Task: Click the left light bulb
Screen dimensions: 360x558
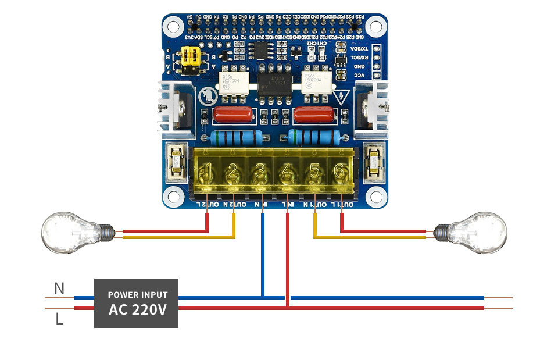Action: (70, 233)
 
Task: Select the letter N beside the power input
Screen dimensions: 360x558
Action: (59, 288)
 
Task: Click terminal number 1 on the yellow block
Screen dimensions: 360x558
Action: (207, 172)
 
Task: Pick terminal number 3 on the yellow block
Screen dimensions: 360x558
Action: (260, 172)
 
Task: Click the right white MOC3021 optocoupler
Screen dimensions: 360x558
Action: (316, 85)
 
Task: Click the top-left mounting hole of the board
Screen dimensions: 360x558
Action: (173, 25)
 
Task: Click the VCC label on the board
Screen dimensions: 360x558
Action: (360, 76)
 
